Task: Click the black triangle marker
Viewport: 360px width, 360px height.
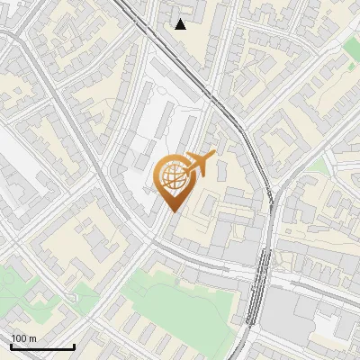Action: (x=181, y=24)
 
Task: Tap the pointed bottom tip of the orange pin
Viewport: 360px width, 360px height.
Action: (x=174, y=211)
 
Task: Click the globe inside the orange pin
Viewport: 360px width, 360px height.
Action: (x=174, y=178)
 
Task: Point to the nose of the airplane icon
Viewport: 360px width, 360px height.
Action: (x=213, y=156)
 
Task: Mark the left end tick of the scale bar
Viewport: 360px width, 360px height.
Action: (x=11, y=346)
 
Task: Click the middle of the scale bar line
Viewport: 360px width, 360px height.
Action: (x=42, y=347)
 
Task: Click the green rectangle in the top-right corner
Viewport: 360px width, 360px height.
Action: (x=352, y=45)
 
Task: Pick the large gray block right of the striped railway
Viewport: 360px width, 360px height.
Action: (x=297, y=315)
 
